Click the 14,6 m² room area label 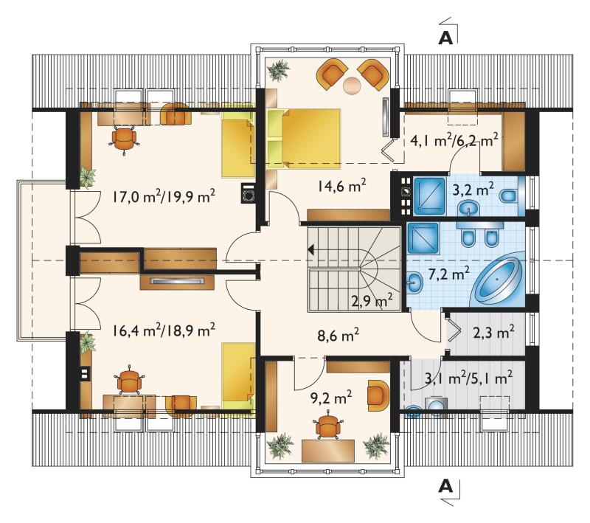tap(341, 185)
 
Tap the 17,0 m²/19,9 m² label tap(164, 195)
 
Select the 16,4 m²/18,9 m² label tap(164, 330)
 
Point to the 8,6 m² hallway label tap(338, 334)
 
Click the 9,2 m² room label tap(331, 398)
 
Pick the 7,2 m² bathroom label tap(448, 274)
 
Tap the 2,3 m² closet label tap(493, 332)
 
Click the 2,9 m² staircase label tap(372, 301)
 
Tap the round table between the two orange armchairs tap(353, 85)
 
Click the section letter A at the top tap(445, 38)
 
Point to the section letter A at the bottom tap(445, 487)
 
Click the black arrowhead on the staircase tap(311, 249)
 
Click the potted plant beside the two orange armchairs tap(278, 70)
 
